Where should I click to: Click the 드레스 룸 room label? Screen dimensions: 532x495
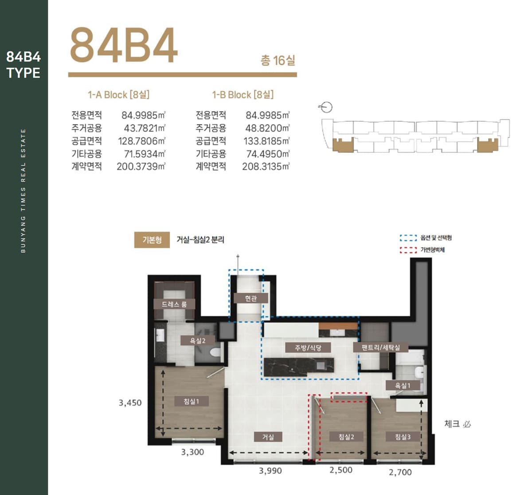click(174, 304)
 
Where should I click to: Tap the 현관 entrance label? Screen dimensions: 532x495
click(251, 298)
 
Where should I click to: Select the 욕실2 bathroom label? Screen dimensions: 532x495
click(198, 340)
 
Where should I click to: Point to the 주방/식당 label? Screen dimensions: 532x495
click(308, 348)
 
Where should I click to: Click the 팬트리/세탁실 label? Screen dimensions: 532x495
click(381, 348)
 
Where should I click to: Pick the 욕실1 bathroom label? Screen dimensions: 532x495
click(403, 385)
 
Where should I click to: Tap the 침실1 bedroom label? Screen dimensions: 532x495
click(191, 401)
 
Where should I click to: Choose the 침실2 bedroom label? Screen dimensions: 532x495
click(346, 437)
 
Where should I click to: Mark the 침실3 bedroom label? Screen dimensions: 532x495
click(403, 437)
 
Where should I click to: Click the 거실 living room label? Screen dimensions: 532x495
click(268, 437)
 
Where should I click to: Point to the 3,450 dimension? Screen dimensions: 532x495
click(130, 403)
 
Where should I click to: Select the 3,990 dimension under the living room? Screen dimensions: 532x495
click(270, 471)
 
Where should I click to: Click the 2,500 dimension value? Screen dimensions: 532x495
click(341, 470)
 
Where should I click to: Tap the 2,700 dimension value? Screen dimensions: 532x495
click(400, 472)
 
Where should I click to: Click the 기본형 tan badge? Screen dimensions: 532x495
click(152, 240)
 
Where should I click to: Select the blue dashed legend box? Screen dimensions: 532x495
click(408, 238)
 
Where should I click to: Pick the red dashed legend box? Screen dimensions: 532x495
click(408, 250)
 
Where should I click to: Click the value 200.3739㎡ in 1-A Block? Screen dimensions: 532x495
click(141, 166)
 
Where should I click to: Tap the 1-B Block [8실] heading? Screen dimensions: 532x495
click(243, 95)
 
